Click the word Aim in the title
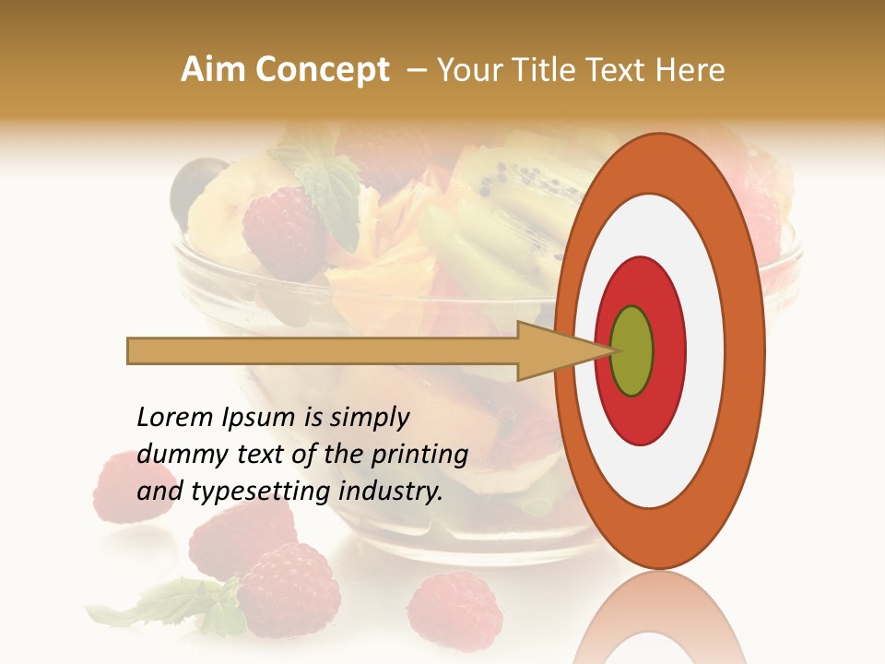(214, 70)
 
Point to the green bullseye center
(631, 350)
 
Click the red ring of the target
(667, 350)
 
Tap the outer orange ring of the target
(747, 350)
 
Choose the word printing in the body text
(420, 455)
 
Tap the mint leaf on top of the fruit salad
(329, 189)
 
